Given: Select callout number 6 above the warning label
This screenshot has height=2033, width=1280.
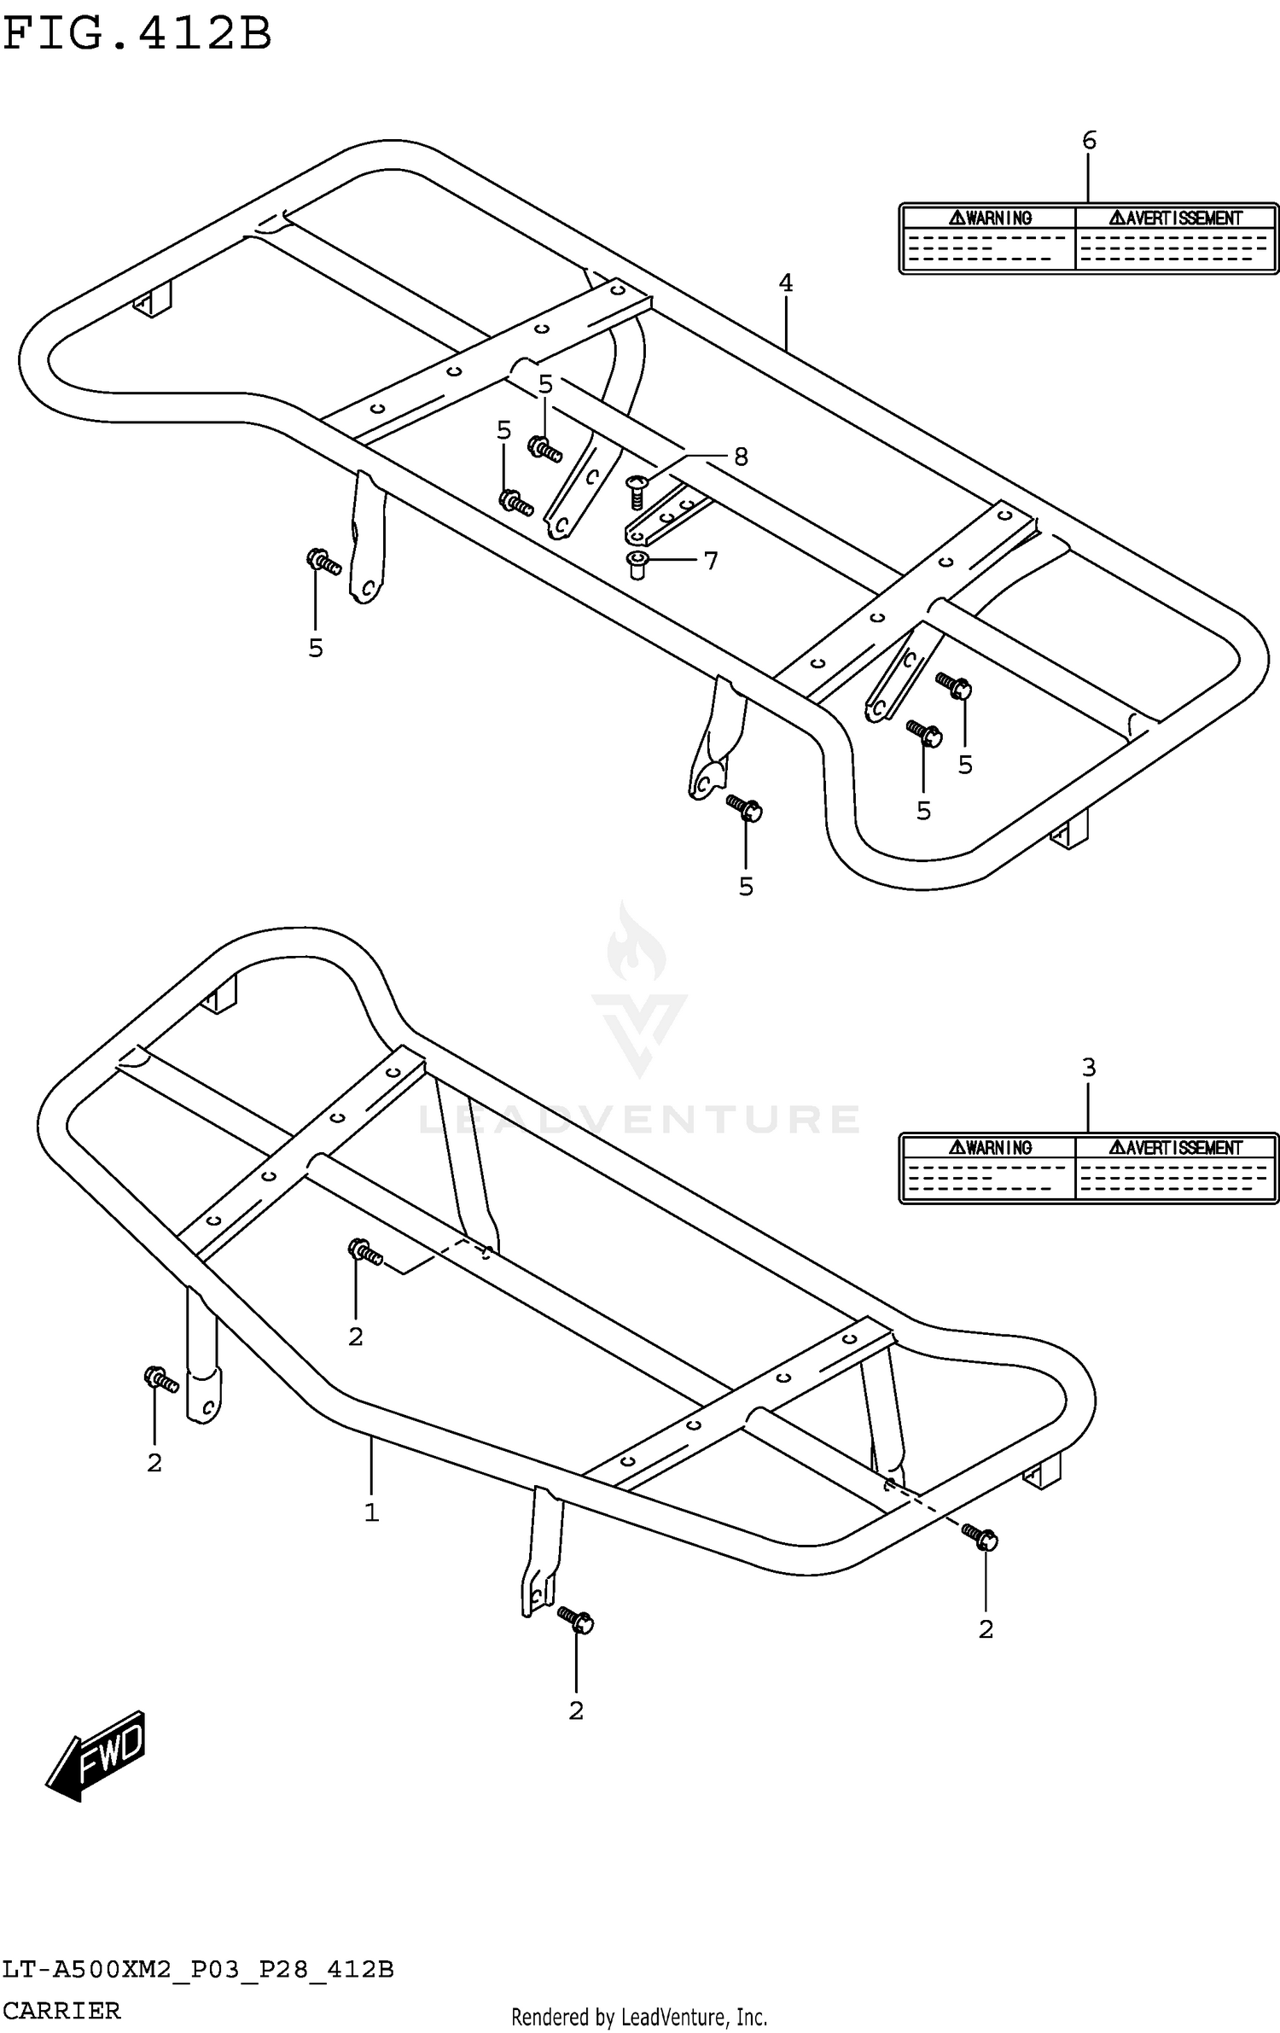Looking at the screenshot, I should tap(1089, 141).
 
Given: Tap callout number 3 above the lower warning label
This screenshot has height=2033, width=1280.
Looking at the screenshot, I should tap(1089, 1067).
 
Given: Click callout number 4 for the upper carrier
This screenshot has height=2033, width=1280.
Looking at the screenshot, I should tap(786, 283).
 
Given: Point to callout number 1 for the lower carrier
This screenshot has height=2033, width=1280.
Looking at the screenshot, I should tap(371, 1513).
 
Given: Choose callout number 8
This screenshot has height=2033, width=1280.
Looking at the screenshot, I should tap(741, 457).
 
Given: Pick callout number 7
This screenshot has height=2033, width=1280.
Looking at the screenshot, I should tap(711, 561).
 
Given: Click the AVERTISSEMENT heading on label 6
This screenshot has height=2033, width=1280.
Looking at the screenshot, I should tap(1176, 218).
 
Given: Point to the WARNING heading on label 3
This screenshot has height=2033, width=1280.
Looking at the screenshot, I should tap(990, 1148).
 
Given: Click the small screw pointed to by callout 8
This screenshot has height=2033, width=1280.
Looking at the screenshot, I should tap(637, 491).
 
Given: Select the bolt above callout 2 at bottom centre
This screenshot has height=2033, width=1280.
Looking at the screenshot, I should tap(576, 1618).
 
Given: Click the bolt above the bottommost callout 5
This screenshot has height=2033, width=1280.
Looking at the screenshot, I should tap(744, 807).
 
